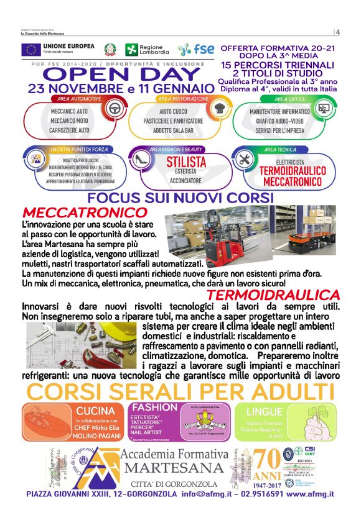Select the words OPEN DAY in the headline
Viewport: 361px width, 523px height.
tap(121, 75)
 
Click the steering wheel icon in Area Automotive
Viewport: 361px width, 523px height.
tap(115, 109)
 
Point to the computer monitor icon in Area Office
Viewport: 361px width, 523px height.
tap(323, 108)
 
